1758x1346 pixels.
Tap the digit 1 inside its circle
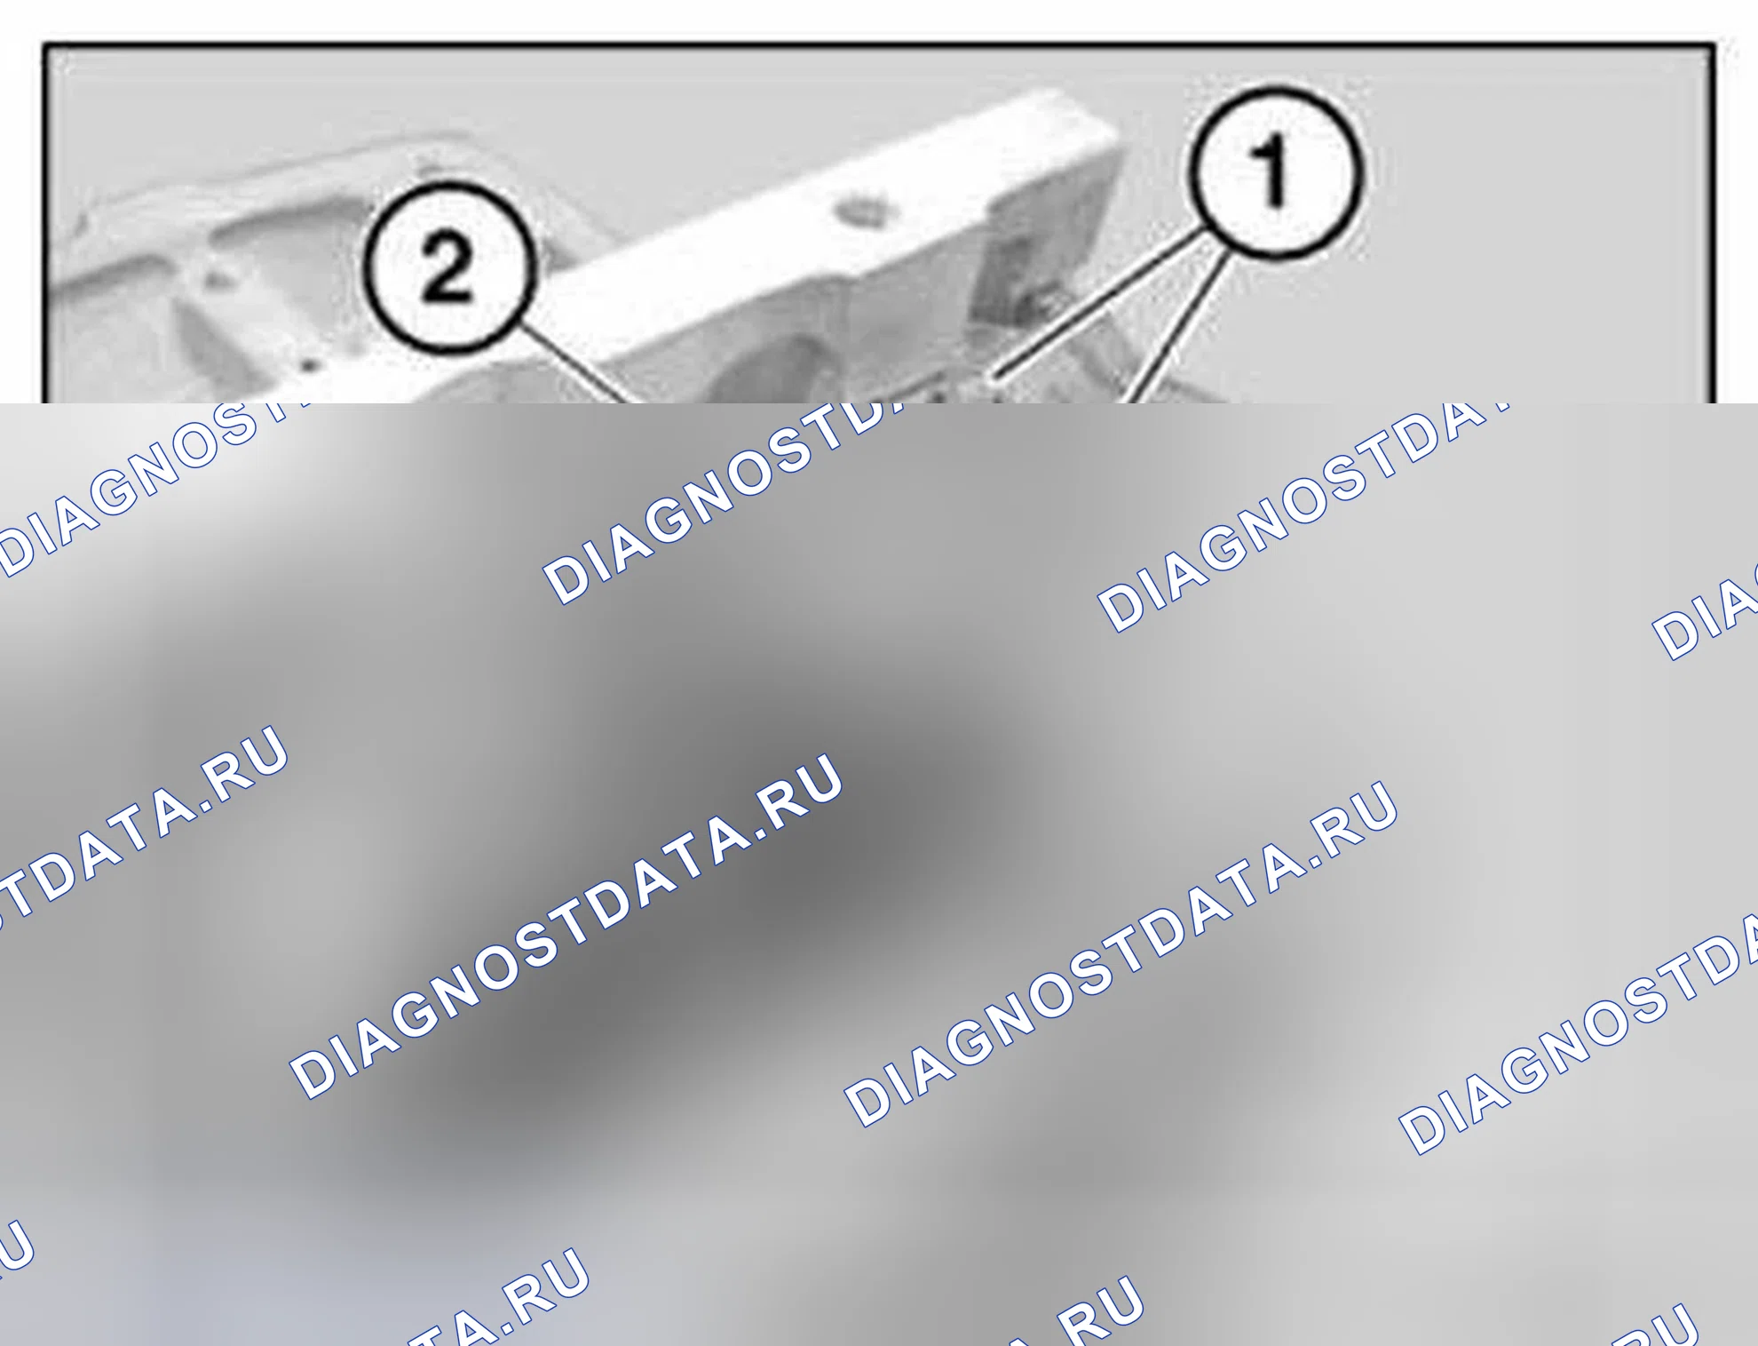pyautogui.click(x=1271, y=171)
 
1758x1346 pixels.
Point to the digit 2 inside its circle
pyautogui.click(x=447, y=266)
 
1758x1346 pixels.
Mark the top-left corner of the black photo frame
pyautogui.click(x=45, y=44)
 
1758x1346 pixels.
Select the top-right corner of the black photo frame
pyautogui.click(x=1713, y=44)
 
